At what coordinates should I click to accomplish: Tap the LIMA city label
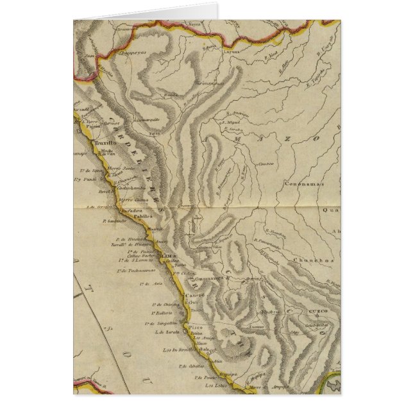(x=171, y=255)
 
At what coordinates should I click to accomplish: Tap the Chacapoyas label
(x=133, y=55)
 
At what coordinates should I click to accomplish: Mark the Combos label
(x=265, y=164)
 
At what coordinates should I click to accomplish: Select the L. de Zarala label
(x=165, y=333)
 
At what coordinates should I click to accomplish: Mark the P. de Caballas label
(x=174, y=367)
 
